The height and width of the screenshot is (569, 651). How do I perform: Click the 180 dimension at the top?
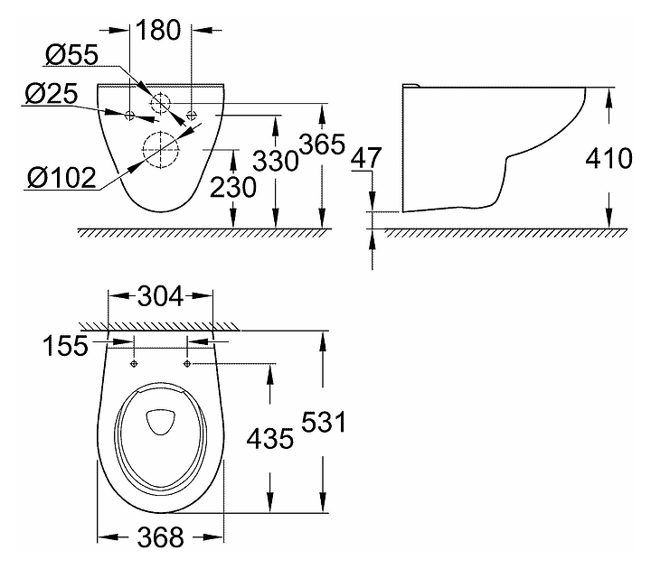coord(158,30)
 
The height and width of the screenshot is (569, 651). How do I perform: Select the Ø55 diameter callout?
coord(71,55)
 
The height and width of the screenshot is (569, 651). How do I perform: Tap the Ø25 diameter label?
coord(51,93)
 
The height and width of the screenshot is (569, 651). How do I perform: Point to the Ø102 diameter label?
coord(61,178)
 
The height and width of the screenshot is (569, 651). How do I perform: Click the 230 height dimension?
coord(233,188)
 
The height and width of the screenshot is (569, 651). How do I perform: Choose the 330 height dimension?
coord(275,161)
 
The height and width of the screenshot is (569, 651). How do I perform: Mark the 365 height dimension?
coord(322,145)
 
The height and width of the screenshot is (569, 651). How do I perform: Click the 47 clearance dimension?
coord(366,158)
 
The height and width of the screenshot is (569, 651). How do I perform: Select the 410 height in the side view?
coord(609,158)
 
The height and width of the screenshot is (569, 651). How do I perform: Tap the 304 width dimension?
coord(160,296)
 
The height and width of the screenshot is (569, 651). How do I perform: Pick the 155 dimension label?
coord(66,345)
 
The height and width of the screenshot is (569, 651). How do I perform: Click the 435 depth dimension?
coord(269,438)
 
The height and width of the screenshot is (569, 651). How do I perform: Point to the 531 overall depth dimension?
coord(324,422)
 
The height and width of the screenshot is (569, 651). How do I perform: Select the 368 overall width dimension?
coord(160,537)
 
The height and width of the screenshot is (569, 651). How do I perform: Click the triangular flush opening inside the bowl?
coord(160,422)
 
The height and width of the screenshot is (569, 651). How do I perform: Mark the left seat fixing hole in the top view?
coord(134,364)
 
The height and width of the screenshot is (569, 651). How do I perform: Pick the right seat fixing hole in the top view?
coord(187,364)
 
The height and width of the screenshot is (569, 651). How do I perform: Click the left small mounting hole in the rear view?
coord(129,115)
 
